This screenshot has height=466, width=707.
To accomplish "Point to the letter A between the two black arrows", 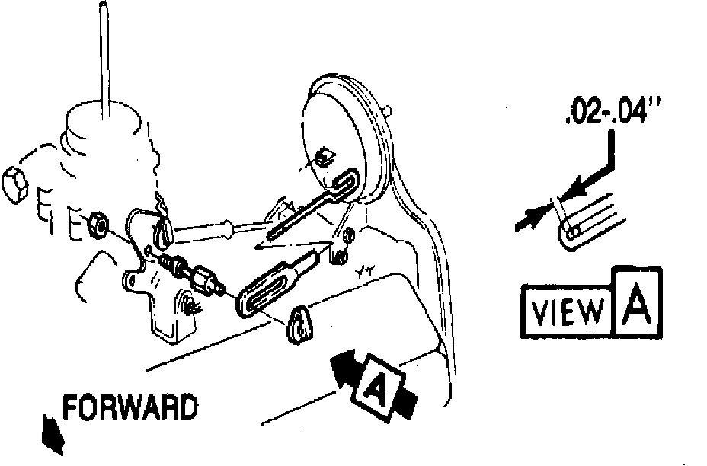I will [x=376, y=388].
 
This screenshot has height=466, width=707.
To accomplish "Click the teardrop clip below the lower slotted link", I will [x=301, y=324].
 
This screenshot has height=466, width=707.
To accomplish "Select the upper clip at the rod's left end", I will [x=162, y=228].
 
